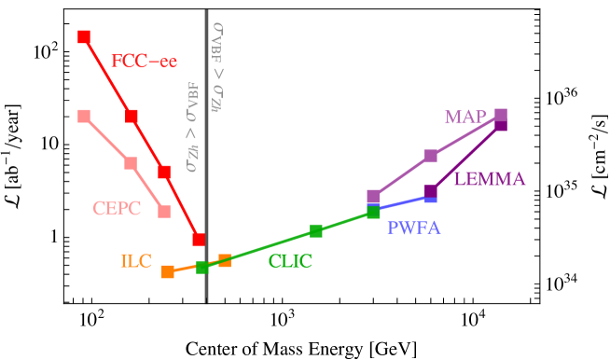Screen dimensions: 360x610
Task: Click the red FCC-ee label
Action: (144, 62)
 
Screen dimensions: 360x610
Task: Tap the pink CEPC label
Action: (117, 209)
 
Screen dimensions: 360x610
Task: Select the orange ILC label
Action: (135, 262)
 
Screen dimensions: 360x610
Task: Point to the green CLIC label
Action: (289, 262)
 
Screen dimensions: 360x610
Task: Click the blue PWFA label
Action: (413, 229)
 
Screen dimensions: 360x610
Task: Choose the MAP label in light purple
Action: (464, 118)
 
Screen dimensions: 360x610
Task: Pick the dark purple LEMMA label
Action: (490, 180)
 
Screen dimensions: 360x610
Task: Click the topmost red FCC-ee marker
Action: (84, 36)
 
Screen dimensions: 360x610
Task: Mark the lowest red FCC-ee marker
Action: (199, 239)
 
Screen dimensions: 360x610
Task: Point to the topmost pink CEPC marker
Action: (84, 116)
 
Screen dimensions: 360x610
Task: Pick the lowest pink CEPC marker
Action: (164, 212)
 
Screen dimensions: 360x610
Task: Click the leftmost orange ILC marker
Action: (168, 272)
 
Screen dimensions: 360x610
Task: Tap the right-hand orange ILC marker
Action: (225, 260)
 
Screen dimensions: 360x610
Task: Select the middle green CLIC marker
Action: (316, 230)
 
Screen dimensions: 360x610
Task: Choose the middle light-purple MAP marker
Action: (431, 156)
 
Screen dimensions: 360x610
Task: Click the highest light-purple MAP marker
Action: (501, 115)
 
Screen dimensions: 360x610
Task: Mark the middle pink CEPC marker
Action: (131, 163)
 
